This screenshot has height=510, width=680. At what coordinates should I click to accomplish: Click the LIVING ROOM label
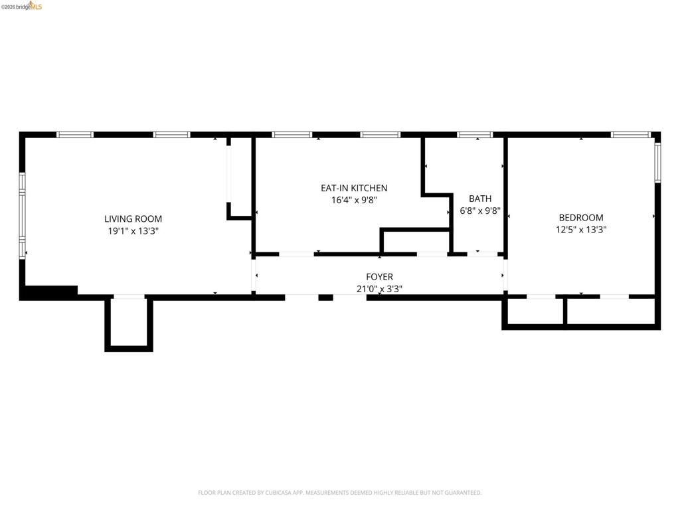pos(133,218)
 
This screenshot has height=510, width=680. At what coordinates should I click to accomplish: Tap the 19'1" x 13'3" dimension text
pos(133,231)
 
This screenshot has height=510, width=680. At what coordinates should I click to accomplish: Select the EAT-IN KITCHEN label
pos(354,188)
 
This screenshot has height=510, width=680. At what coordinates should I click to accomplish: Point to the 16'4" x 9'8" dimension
pos(354,200)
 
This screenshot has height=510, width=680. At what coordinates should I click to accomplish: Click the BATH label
pos(480,198)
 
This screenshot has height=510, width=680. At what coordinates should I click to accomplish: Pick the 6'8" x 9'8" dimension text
pos(479,210)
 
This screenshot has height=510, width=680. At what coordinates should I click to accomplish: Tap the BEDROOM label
pos(581,217)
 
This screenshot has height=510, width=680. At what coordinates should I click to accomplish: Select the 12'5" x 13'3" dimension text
pos(581,230)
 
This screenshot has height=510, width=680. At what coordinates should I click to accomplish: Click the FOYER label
pos(379,276)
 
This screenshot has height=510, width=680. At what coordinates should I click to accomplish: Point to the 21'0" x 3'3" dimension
pos(379,288)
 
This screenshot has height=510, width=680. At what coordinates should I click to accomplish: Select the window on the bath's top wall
pos(475,135)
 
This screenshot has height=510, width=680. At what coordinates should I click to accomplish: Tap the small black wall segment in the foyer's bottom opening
pos(325,297)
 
